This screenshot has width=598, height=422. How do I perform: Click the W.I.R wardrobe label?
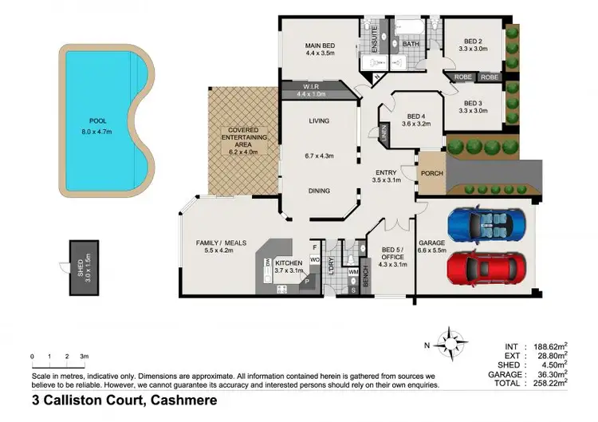click(312, 86)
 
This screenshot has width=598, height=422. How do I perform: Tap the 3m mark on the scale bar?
click(84, 356)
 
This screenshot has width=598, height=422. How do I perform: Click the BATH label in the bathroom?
click(411, 44)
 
